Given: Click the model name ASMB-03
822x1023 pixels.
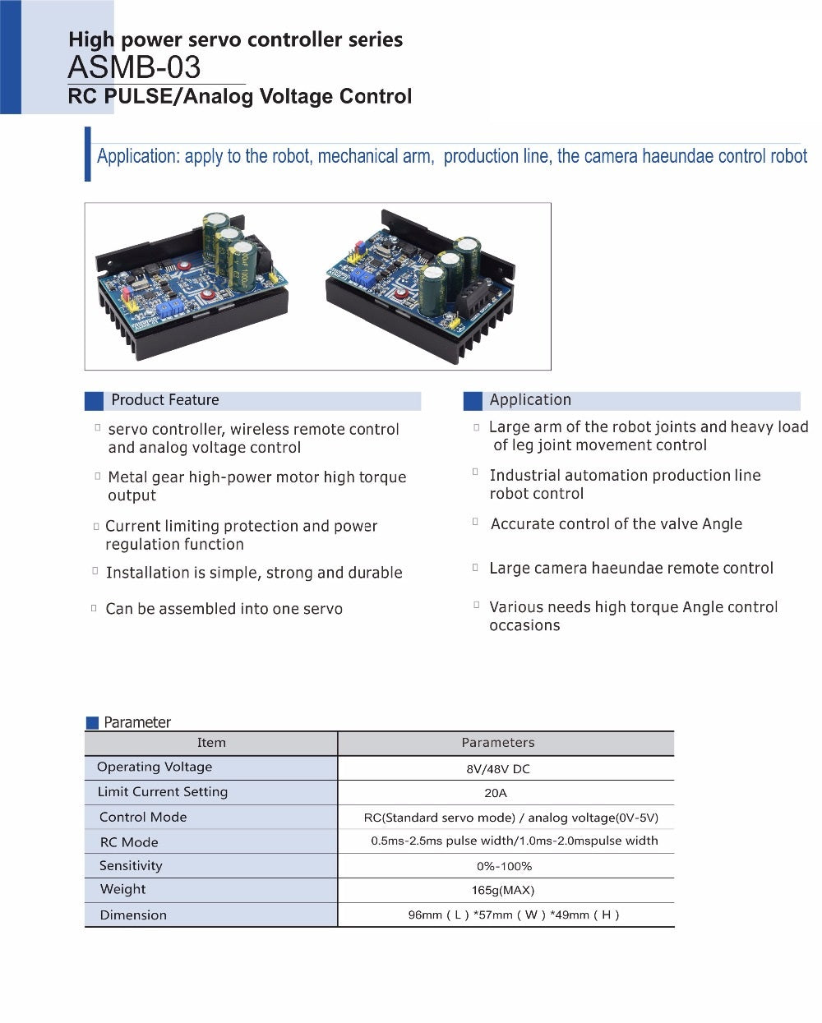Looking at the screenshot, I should pyautogui.click(x=134, y=67).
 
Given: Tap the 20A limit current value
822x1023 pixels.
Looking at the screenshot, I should pyautogui.click(x=496, y=793).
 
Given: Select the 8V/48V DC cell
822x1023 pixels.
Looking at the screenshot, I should pyautogui.click(x=498, y=769).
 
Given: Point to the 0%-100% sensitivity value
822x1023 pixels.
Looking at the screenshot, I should pyautogui.click(x=504, y=866).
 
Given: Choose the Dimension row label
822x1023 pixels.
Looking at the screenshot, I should pyautogui.click(x=133, y=915).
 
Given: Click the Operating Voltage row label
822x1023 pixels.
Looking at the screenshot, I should pyautogui.click(x=155, y=767).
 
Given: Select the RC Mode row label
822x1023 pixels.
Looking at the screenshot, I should pyautogui.click(x=129, y=842).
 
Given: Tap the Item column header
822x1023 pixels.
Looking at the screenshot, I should pyautogui.click(x=211, y=743).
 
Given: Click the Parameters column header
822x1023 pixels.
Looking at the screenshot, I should pyautogui.click(x=498, y=743).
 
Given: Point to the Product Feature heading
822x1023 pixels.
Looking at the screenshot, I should pyautogui.click(x=165, y=400).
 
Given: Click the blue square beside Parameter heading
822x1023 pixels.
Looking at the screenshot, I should pyautogui.click(x=92, y=723).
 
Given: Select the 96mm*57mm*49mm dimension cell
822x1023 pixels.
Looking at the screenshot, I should pyautogui.click(x=514, y=915).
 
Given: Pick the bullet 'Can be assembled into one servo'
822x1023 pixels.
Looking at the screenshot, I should pyautogui.click(x=224, y=609).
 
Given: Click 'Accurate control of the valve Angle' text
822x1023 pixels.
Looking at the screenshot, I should pyautogui.click(x=616, y=524).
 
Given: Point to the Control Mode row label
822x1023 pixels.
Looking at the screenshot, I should pyautogui.click(x=143, y=817).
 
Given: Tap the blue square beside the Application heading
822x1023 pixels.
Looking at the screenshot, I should pyautogui.click(x=473, y=401).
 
